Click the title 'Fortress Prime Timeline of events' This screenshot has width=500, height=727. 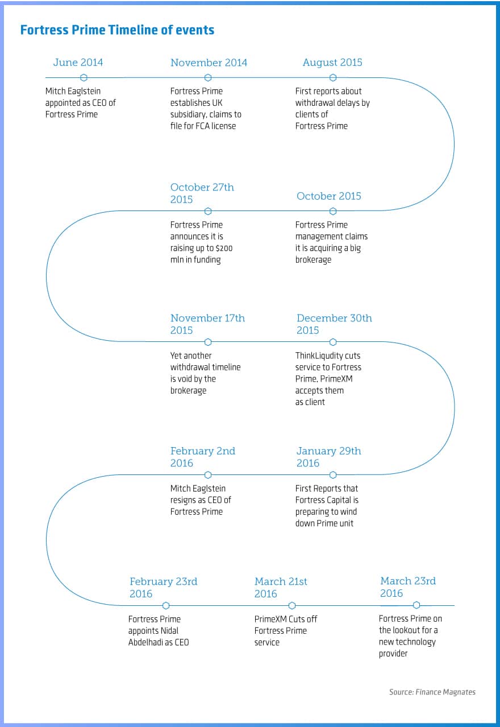117,30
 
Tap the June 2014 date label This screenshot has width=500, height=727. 78,63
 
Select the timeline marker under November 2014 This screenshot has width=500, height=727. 208,77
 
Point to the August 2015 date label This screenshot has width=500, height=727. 332,63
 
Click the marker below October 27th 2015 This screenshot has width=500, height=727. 208,211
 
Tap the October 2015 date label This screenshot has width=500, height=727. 329,196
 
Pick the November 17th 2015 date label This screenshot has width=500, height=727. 207,324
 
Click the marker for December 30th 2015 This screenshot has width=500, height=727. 333,342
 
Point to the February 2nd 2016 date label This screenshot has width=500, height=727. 202,457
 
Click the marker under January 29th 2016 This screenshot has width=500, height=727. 333,474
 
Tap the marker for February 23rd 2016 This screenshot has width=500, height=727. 166,605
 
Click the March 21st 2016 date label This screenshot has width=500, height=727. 281,588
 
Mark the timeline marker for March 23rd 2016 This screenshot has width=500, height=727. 416,605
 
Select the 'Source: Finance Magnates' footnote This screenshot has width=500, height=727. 432,692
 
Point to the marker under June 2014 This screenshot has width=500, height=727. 84,77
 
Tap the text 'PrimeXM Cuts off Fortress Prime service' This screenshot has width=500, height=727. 286,630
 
